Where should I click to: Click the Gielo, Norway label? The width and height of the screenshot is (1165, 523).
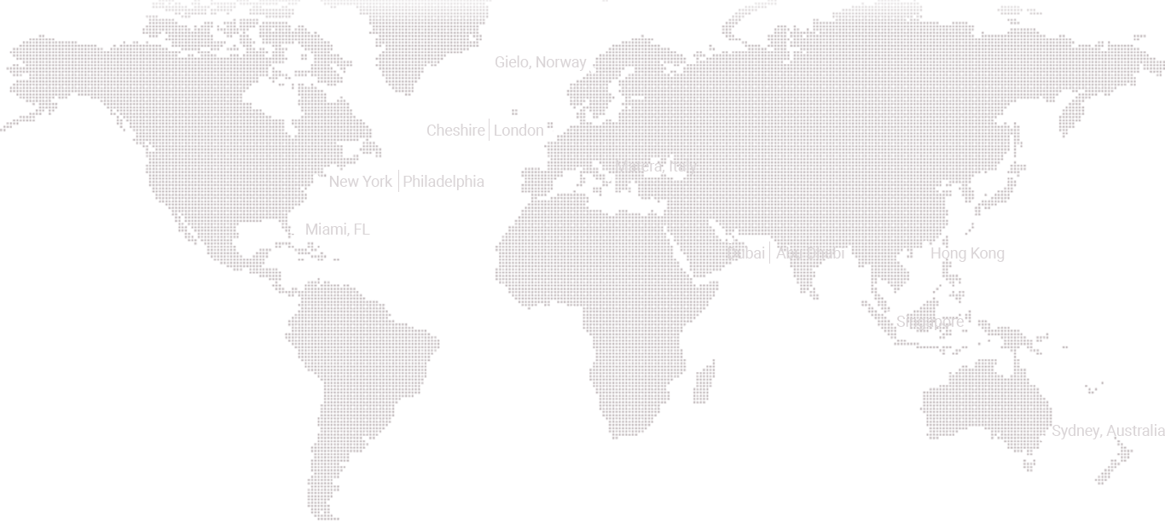[x=540, y=62]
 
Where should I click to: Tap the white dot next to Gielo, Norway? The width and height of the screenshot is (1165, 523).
[x=593, y=70]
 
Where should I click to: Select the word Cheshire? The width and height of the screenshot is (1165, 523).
[x=455, y=131]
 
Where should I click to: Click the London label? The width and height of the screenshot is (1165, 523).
[x=519, y=131]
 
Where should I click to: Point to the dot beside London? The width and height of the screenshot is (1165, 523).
[x=553, y=131]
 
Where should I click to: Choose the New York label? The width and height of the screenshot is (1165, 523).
[x=360, y=182]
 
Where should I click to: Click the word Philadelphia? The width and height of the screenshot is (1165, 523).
[x=443, y=182]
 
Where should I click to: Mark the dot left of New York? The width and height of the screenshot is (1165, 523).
[x=316, y=177]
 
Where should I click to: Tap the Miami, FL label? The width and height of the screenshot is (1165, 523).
[x=337, y=230]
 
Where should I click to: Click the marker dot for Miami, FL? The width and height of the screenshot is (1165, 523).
[x=293, y=230]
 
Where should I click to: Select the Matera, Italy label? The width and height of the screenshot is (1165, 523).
[x=655, y=166]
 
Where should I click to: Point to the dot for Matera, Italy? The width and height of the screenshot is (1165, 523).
[x=608, y=178]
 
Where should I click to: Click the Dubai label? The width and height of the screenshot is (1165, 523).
[x=745, y=253]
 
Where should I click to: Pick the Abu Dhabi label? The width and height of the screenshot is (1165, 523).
[x=810, y=253]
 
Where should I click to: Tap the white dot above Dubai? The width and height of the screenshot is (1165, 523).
[x=730, y=241]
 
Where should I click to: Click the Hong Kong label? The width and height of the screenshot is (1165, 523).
[x=967, y=253]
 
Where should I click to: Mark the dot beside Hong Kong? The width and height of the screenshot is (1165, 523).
[x=925, y=244]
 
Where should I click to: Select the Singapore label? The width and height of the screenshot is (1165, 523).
[x=930, y=322]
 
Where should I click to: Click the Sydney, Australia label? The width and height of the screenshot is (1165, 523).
[x=1107, y=431]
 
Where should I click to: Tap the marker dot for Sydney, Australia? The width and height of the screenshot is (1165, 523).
[x=1042, y=438]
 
